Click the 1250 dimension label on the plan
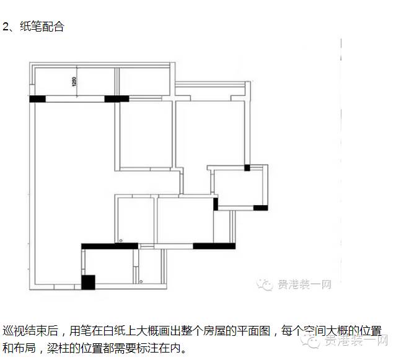point(74,82)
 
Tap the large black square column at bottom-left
point(88,282)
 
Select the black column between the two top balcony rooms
point(117,98)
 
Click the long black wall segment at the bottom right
point(214,246)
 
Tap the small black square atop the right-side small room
point(247,167)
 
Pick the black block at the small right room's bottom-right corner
point(260,208)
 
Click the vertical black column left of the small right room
point(216,203)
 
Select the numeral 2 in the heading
point(6,27)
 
